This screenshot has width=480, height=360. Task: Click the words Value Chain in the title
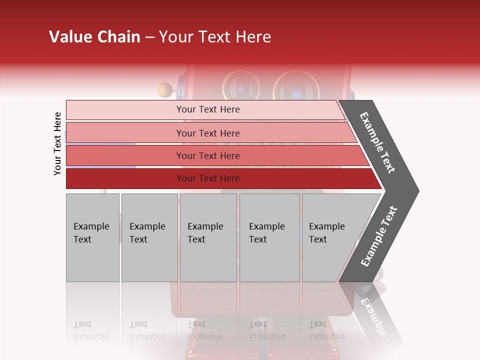click(94, 37)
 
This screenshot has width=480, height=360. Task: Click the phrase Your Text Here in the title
click(215, 37)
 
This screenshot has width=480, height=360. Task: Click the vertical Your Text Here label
click(57, 143)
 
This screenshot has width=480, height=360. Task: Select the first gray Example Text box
click(92, 237)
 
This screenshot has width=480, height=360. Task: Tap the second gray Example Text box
click(149, 237)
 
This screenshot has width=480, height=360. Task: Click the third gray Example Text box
click(208, 237)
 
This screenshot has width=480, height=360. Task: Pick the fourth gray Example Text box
click(269, 237)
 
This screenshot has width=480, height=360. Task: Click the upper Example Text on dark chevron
click(377, 142)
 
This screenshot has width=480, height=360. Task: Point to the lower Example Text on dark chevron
click(379, 236)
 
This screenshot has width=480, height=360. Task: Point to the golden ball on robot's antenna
click(164, 90)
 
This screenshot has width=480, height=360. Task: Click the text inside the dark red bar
click(208, 178)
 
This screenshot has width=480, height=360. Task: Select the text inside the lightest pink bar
click(208, 109)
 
